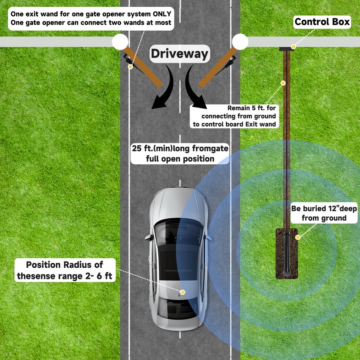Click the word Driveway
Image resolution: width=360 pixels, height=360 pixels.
[x=180, y=54]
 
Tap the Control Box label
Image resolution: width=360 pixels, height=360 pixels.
[x=322, y=22]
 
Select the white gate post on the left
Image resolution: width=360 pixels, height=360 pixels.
[x=120, y=41]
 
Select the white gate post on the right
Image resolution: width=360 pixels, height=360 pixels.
[x=240, y=41]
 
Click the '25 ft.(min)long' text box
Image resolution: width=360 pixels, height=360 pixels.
[x=180, y=153]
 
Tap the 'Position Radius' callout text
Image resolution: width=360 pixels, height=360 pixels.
[x=65, y=270]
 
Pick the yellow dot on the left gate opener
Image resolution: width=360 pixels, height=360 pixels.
[x=130, y=67]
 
